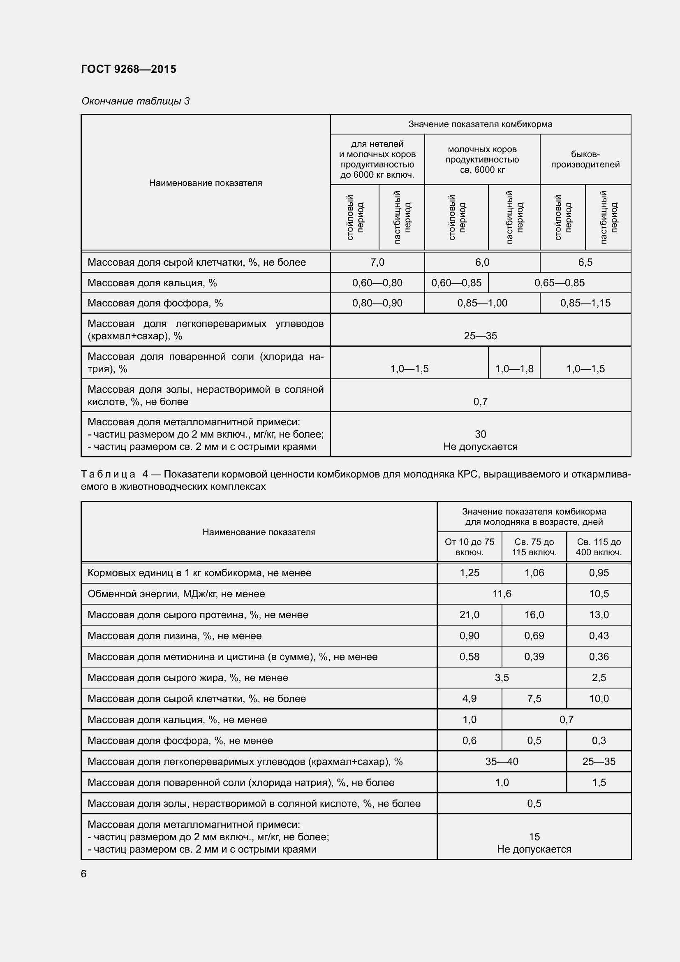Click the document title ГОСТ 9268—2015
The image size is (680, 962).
[x=129, y=69]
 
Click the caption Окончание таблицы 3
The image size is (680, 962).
[x=135, y=101]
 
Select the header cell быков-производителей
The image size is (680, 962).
[x=585, y=159]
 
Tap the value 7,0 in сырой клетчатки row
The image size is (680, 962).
[x=377, y=262]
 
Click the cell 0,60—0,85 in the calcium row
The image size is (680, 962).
[x=456, y=283]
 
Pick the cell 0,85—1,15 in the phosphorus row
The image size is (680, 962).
[x=585, y=303]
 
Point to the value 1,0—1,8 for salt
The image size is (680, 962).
[x=514, y=369]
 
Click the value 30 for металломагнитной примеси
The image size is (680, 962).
[x=480, y=434]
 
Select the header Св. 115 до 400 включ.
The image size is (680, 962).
[x=598, y=547]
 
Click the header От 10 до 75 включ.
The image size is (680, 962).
[x=469, y=547]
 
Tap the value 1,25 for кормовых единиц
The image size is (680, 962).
[x=469, y=573]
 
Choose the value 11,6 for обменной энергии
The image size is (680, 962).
[x=502, y=594]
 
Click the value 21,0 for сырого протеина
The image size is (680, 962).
[x=469, y=614]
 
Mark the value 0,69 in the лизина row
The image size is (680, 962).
[x=534, y=635]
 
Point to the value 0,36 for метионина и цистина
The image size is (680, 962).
[x=598, y=656]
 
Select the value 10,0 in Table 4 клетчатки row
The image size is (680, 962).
[x=598, y=698]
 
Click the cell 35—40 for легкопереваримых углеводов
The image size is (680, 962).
[x=502, y=761]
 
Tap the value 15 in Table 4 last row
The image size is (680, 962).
[x=534, y=837]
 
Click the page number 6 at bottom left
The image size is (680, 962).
[x=84, y=874]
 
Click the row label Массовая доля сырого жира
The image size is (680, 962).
[x=187, y=677]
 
